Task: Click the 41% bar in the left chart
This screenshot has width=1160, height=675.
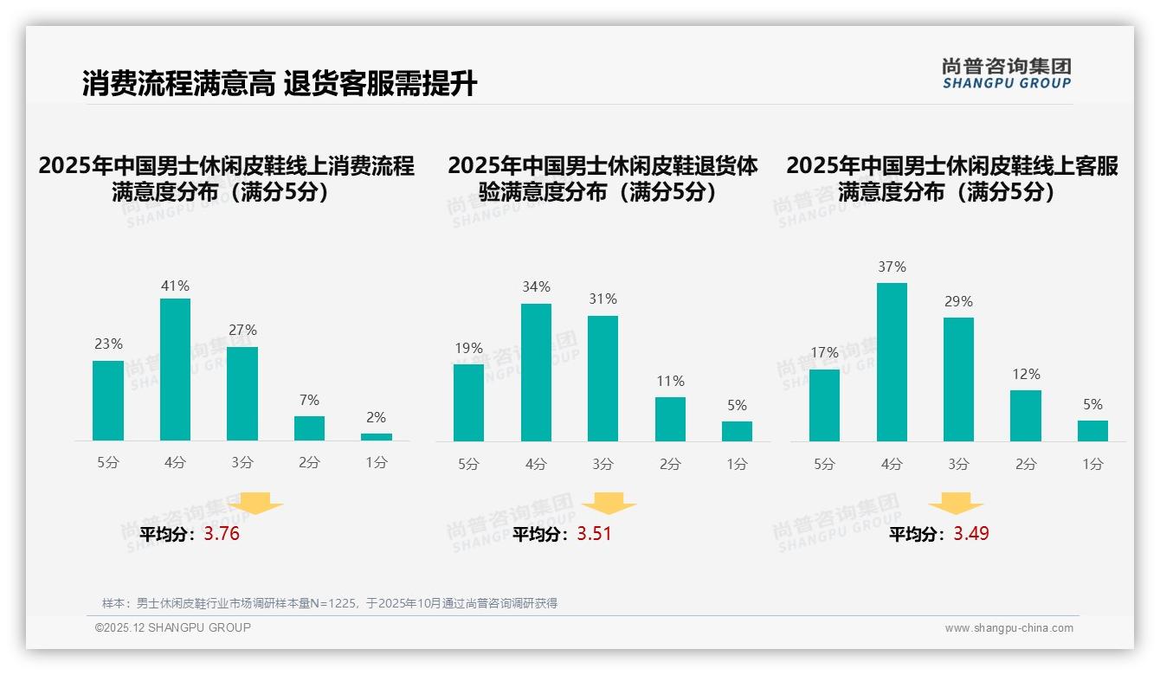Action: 176,370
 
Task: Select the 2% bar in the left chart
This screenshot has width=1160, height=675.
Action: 377,437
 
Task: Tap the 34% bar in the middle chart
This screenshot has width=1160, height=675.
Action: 536,372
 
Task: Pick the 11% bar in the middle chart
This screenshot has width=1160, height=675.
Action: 670,419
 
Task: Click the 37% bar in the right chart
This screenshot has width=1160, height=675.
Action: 892,362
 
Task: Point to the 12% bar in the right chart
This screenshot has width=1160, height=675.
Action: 1026,415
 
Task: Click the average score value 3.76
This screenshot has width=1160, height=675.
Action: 222,534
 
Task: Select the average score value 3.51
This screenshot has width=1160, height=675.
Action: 594,534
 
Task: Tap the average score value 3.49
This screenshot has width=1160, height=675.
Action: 971,534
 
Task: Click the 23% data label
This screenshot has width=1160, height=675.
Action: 108,344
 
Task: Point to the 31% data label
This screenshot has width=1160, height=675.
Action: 603,299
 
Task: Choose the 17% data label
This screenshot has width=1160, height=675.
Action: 824,353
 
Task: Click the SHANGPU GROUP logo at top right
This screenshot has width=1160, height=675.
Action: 1006,74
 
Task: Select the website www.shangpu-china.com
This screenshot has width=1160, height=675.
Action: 1009,628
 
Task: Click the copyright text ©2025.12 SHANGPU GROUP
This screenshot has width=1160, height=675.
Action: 173,627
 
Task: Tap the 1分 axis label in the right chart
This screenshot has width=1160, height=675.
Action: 1092,465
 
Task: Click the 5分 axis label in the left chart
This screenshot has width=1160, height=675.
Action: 108,463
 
